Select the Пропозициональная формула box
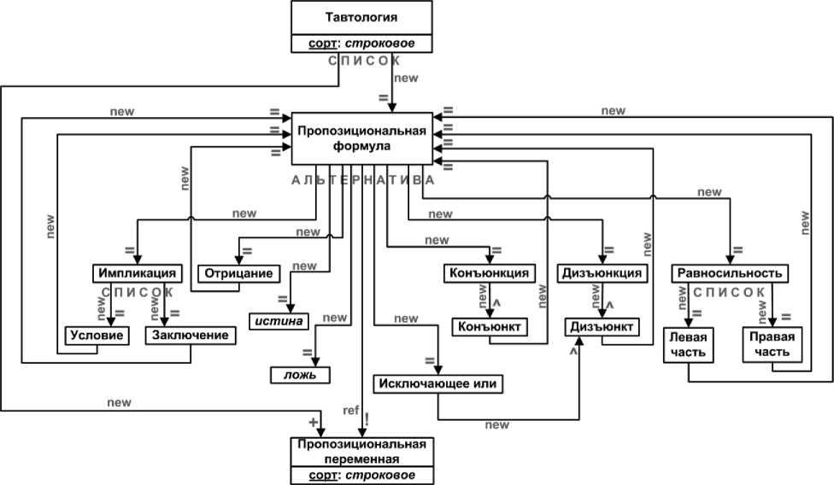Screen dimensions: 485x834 click(361, 138)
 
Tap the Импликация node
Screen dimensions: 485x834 click(138, 274)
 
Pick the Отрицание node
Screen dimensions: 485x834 click(239, 274)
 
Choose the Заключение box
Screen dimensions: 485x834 click(190, 336)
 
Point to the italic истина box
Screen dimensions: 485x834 click(277, 322)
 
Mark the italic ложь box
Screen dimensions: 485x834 click(301, 375)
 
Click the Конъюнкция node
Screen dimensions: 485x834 click(490, 274)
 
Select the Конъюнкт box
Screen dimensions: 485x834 click(487, 326)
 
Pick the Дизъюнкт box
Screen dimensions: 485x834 click(601, 326)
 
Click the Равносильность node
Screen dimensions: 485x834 click(729, 274)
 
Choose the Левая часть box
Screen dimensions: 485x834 click(687, 346)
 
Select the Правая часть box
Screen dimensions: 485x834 click(772, 346)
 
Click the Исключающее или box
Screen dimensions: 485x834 click(438, 384)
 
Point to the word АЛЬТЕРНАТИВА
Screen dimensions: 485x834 click(362, 180)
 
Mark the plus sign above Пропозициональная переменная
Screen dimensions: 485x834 click(313, 423)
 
